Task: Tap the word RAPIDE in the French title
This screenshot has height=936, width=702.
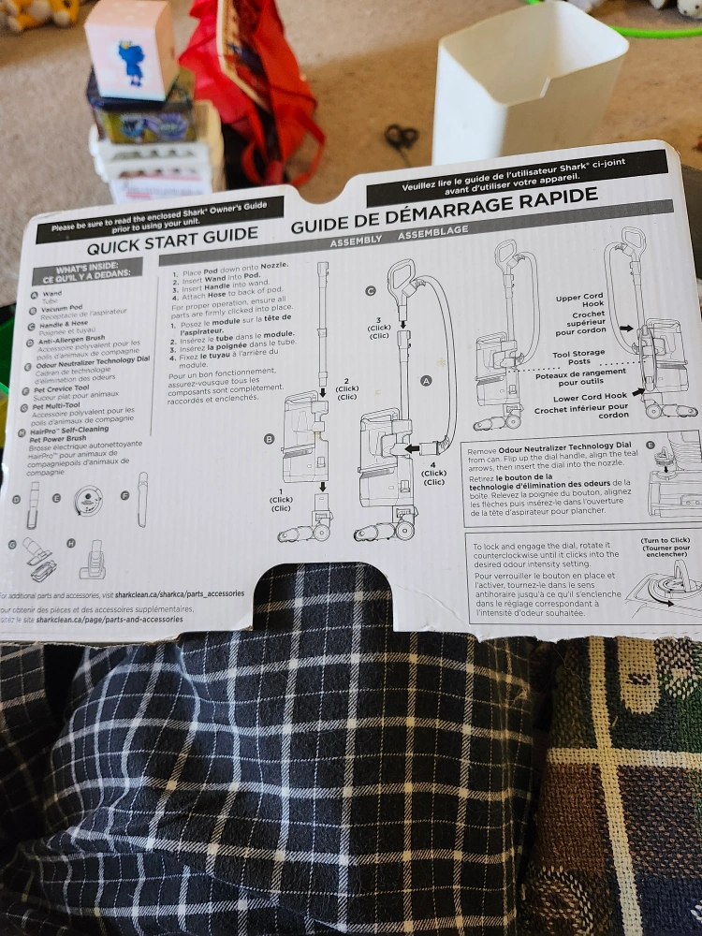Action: [551, 197]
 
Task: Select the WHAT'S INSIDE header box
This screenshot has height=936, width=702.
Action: [86, 271]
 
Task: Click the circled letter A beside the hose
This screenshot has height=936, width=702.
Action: [427, 381]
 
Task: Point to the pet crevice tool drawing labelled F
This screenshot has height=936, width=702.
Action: [142, 498]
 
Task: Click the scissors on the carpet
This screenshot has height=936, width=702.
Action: [402, 138]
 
